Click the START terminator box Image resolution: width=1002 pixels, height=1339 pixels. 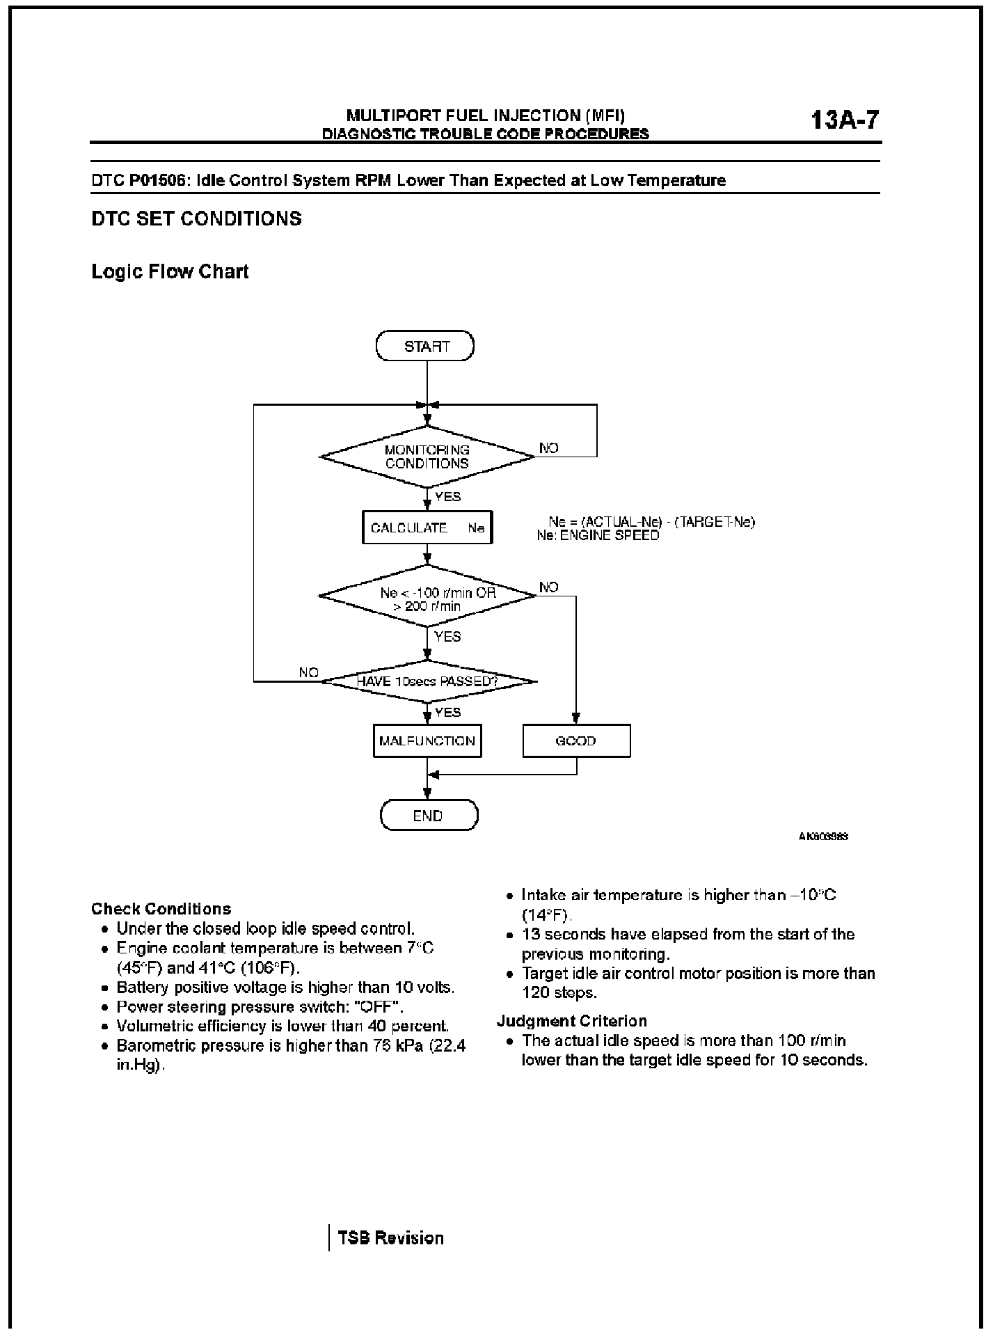424,347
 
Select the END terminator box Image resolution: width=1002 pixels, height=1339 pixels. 429,816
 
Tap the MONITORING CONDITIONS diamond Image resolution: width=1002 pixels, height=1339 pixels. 427,457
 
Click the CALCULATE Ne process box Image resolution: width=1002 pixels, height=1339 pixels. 427,528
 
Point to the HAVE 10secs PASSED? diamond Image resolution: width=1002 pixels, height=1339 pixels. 427,681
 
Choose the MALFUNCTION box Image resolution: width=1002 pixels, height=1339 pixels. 427,741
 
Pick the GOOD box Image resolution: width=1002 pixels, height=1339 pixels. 576,741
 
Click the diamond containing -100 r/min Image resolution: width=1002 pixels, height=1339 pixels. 427,595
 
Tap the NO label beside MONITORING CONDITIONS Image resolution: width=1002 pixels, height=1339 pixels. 549,448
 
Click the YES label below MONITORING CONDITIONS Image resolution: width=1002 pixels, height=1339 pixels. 447,497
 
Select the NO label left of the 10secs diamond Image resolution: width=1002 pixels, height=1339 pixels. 308,672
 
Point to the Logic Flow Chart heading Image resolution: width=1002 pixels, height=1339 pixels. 170,271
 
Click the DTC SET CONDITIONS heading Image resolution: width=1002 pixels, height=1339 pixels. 197,219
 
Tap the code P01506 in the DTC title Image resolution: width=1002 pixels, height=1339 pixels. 158,181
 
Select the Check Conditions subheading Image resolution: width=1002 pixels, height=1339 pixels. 161,909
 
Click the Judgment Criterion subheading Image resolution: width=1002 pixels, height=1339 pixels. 572,1021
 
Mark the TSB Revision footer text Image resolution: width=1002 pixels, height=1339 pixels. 390,1238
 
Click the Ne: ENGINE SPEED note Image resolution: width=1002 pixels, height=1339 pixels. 598,536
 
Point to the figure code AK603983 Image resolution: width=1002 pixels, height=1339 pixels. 823,837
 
